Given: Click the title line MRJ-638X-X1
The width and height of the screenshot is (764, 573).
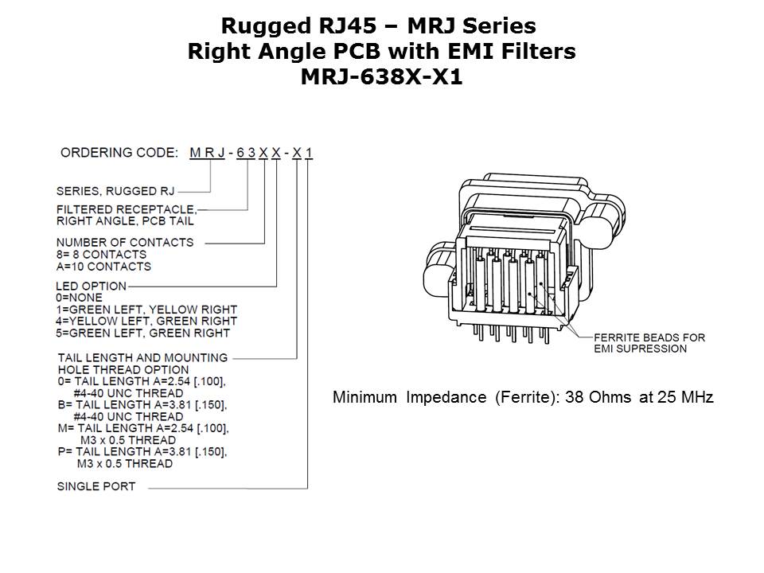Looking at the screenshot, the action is point(381,76).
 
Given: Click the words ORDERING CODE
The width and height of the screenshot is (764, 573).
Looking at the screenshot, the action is point(119,153).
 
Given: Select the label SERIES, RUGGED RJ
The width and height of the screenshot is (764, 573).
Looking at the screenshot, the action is point(115,191).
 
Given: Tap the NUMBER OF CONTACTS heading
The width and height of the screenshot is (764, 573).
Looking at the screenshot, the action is point(125,242).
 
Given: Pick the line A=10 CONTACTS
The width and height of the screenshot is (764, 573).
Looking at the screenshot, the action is point(103,267).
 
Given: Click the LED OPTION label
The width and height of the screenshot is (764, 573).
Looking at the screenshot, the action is point(91,286).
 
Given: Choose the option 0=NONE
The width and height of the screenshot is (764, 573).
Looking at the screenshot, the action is point(80,298).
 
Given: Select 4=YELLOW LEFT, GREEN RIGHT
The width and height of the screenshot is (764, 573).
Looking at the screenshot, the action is point(146,321).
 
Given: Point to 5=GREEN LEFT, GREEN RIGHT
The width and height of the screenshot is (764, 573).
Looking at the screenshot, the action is point(142,333).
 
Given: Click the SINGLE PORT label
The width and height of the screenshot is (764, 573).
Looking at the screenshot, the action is point(96,486).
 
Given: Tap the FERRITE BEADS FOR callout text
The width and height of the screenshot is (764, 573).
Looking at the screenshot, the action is point(649,337).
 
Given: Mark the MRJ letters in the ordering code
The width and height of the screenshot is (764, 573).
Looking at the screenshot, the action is point(207,153).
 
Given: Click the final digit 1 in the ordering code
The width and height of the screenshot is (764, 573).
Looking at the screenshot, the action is point(309,153).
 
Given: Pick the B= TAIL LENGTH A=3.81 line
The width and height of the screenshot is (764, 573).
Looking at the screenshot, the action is point(142,405).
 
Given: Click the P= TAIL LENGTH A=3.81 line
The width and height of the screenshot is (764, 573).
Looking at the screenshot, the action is point(142,452).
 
